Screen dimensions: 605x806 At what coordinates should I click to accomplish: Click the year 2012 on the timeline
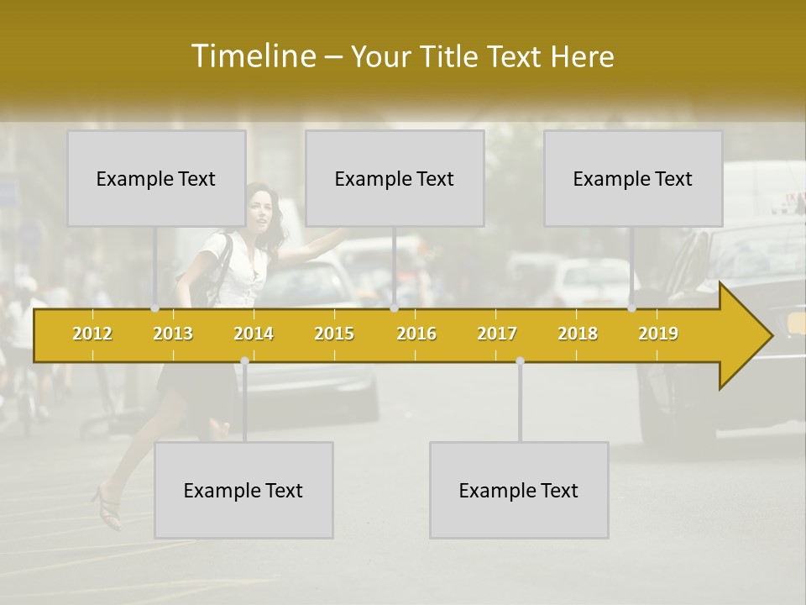[x=92, y=334]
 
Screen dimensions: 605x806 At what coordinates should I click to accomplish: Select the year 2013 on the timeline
[x=173, y=334]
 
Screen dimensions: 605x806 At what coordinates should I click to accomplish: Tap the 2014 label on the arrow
[x=254, y=334]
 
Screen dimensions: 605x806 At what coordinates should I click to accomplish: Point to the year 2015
[x=334, y=334]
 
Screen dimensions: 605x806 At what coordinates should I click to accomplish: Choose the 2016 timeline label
[x=416, y=334]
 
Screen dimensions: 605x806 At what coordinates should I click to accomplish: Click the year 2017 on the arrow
[x=497, y=334]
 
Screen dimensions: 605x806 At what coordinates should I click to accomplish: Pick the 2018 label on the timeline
[x=578, y=334]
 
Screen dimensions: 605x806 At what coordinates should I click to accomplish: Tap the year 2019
[x=658, y=334]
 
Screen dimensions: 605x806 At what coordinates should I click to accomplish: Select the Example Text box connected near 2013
[x=156, y=178]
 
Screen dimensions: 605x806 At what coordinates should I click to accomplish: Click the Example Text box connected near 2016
[x=395, y=178]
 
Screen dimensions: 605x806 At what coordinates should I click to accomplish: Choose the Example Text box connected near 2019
[x=633, y=178]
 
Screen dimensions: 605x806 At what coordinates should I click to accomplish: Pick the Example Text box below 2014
[x=243, y=490]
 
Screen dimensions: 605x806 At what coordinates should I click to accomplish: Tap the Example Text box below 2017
[x=519, y=490]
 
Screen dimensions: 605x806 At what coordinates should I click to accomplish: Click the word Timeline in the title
[x=252, y=56]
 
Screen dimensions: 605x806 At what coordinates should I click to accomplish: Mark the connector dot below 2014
[x=244, y=361]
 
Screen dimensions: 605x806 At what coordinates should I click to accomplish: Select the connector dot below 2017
[x=520, y=361]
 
